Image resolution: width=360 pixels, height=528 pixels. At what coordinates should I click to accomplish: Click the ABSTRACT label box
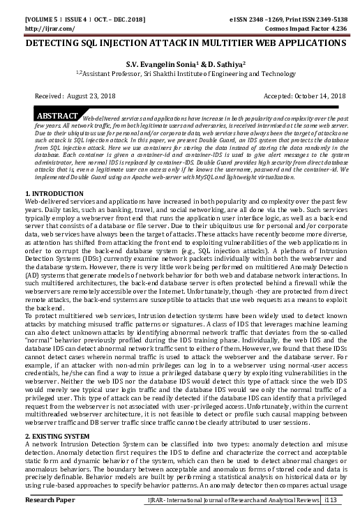click(x=57, y=115)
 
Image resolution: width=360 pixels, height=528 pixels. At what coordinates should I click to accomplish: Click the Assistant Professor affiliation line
click(x=181, y=73)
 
